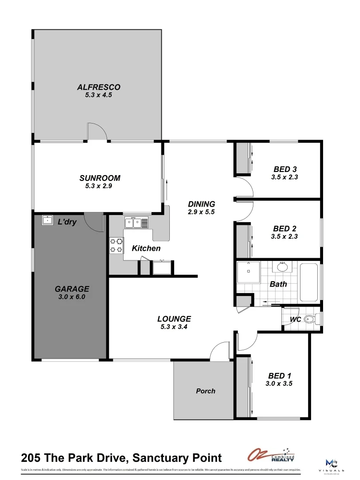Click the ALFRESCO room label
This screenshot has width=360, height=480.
tap(99, 87)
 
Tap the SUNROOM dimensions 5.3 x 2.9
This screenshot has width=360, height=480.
tap(100, 186)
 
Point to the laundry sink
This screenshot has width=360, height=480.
tap(47, 220)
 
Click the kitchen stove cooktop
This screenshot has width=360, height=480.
tap(116, 245)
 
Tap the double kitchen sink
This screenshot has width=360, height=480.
tap(136, 222)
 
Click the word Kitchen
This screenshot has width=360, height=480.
tap(146, 248)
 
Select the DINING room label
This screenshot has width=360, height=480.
tap(201, 204)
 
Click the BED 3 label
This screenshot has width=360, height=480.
tap(285, 169)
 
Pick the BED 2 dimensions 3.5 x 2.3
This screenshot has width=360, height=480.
tap(284, 237)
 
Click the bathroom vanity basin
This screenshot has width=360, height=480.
tap(282, 267)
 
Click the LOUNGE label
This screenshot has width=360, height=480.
tap(174, 319)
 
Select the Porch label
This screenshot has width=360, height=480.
tap(205, 391)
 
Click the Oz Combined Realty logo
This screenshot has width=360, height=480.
tap(271, 456)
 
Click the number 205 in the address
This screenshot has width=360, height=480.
tap(32, 457)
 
